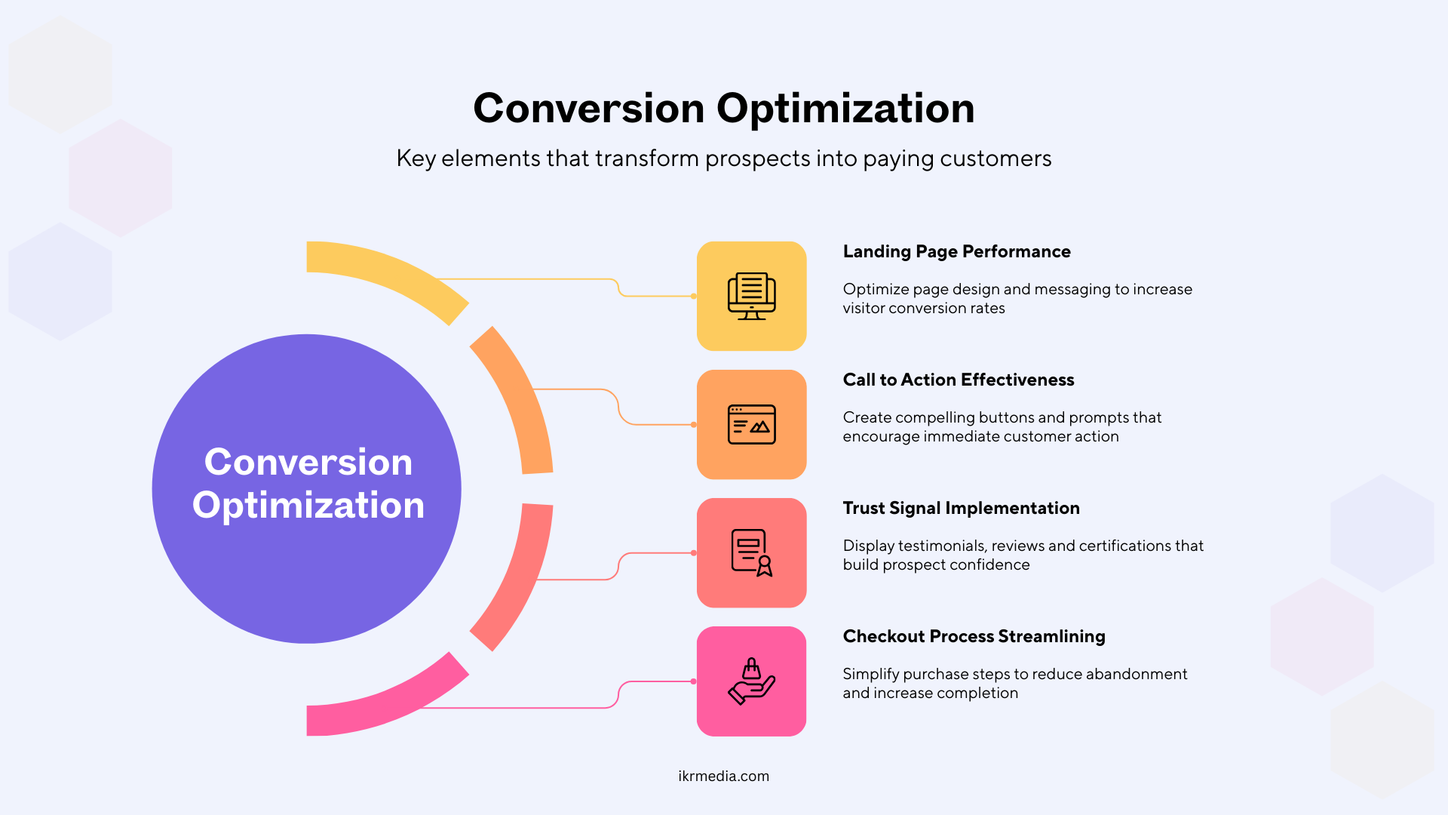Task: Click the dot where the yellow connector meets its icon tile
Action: pos(694,296)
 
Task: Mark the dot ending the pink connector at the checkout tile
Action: pos(694,681)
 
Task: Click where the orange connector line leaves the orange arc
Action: pos(534,389)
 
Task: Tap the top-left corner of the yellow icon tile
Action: pos(698,242)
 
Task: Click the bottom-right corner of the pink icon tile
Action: pos(806,736)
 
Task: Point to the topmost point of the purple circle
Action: pos(307,334)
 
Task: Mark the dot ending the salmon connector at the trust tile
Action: pos(694,553)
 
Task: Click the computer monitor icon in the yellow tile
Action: pos(752,296)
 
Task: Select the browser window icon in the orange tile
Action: pos(752,424)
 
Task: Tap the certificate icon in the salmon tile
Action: pos(752,552)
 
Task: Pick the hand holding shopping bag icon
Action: pos(752,681)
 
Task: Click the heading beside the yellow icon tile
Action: pos(956,251)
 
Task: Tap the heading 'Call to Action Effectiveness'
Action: pos(959,380)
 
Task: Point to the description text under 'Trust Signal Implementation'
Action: pos(1023,555)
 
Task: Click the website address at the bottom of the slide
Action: pos(724,776)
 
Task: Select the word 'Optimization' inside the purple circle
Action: pos(308,506)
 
